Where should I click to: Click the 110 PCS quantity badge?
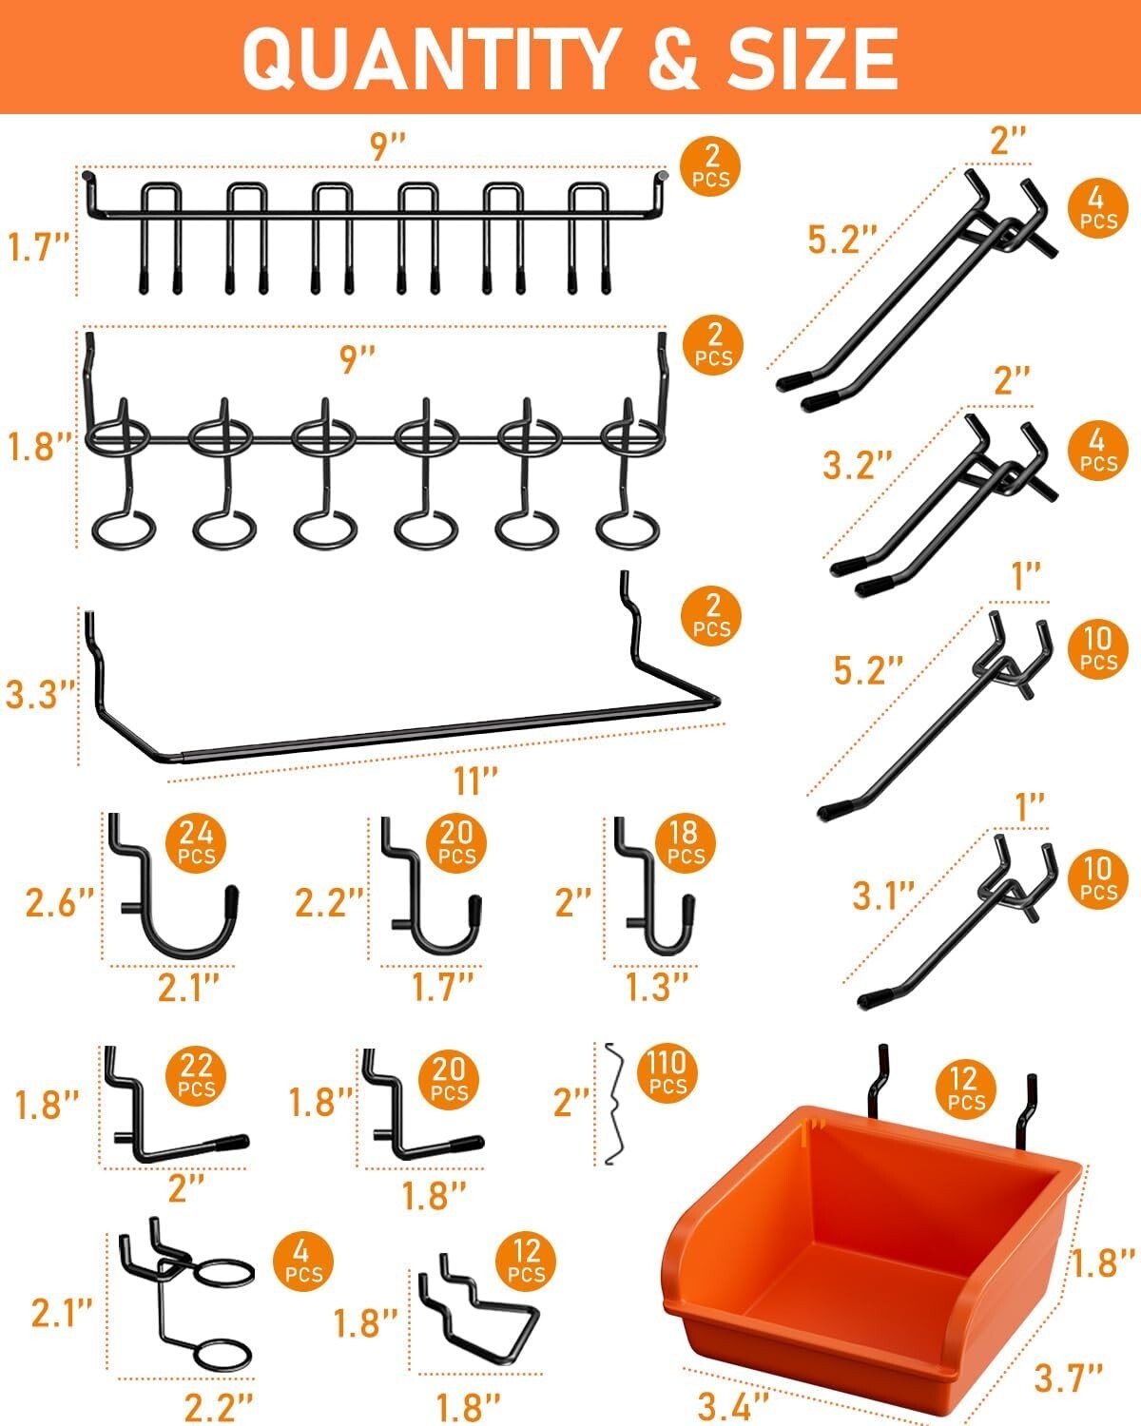(667, 1072)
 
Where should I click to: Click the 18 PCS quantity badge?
(685, 842)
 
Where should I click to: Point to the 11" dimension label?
(476, 780)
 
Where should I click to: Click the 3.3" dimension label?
(38, 694)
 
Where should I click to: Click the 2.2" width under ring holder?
(219, 1403)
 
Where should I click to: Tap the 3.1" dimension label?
(883, 895)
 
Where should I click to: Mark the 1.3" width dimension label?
(656, 987)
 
